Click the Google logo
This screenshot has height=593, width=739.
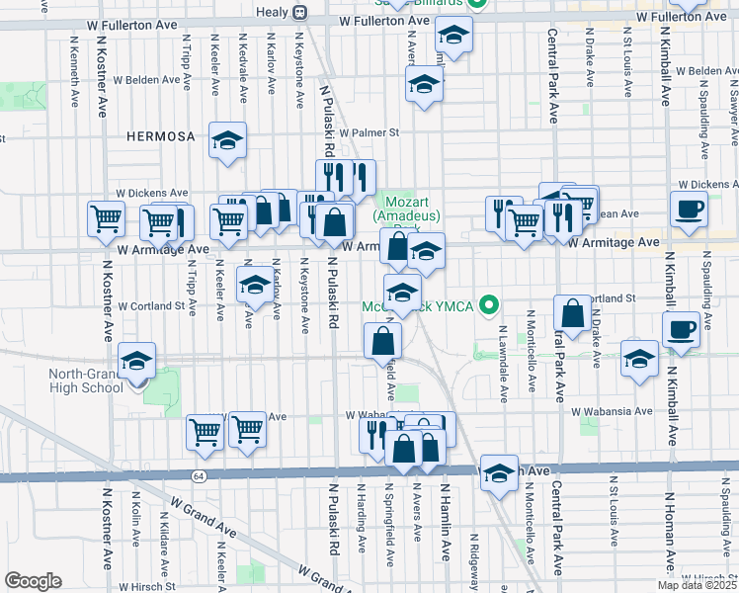(34, 581)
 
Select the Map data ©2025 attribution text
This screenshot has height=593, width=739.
(696, 584)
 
